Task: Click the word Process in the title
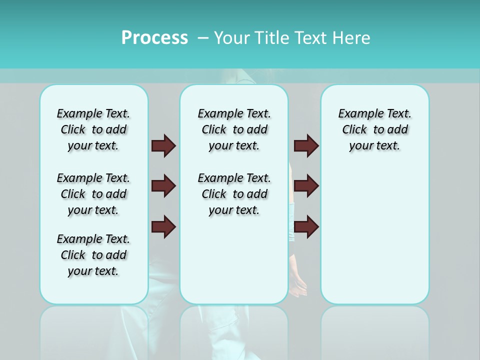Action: (x=154, y=38)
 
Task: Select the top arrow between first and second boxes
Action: (x=163, y=145)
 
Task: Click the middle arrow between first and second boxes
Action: (x=163, y=186)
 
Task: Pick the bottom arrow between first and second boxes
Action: (x=163, y=227)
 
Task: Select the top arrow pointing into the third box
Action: (x=306, y=145)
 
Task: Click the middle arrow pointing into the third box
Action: (x=306, y=186)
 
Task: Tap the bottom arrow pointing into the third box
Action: (x=306, y=227)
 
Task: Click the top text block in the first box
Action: (x=93, y=129)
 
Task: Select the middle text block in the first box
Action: (x=93, y=194)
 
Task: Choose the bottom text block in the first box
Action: (x=93, y=255)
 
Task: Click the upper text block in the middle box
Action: (x=234, y=129)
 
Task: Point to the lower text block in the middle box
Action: (x=234, y=194)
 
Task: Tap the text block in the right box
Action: (x=375, y=129)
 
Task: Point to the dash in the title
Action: (x=203, y=38)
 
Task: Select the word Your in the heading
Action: (x=232, y=38)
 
